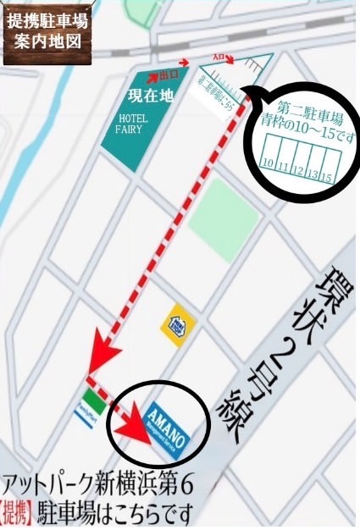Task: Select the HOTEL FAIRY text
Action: point(137,124)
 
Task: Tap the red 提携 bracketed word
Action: point(19,513)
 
